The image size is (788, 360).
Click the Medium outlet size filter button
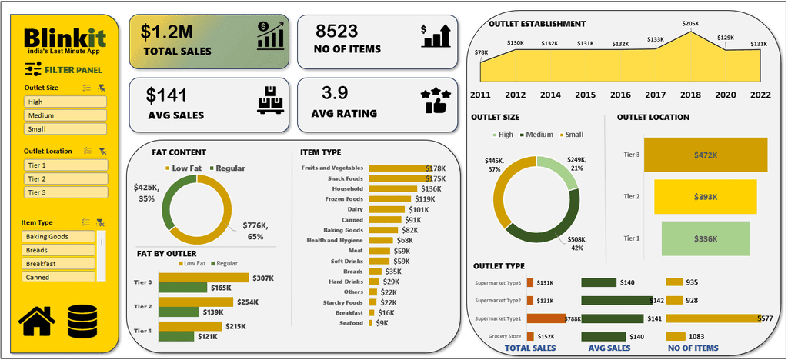pos(65,115)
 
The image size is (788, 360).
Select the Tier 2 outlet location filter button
pos(65,178)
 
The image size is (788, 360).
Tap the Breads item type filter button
pos(59,250)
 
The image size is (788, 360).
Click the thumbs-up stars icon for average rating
pos(436,102)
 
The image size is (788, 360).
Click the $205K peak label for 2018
pos(690,24)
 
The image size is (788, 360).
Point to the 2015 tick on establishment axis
pos(585,95)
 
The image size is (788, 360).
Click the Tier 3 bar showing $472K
pos(706,155)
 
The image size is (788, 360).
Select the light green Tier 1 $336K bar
pos(705,238)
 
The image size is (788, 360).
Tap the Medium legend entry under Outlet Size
pos(536,135)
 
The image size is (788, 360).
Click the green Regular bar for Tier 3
pos(182,288)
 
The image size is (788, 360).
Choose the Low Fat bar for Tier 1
pos(189,326)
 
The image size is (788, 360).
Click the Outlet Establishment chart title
pos(536,24)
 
